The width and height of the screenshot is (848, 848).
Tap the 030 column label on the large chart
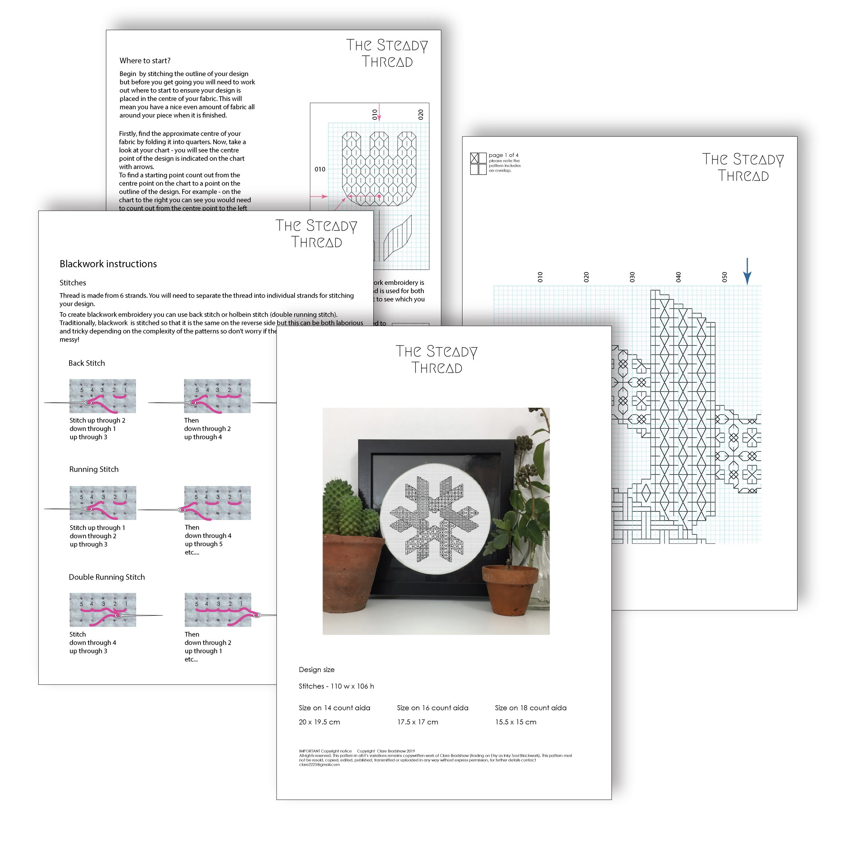(x=632, y=277)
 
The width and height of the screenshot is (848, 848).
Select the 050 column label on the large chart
(x=724, y=277)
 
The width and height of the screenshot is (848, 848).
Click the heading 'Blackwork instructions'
(x=108, y=264)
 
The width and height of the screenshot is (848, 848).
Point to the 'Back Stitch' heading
(x=86, y=363)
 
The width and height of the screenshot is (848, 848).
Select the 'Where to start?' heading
(x=145, y=60)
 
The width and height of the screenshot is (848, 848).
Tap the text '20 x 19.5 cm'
(x=319, y=722)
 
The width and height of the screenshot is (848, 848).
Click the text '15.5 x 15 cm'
(x=516, y=722)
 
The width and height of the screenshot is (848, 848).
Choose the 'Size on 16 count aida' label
(x=432, y=708)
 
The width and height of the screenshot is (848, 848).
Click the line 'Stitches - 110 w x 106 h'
(x=336, y=686)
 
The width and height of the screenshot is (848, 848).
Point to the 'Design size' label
(x=316, y=669)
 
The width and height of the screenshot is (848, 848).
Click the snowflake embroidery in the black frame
(x=435, y=518)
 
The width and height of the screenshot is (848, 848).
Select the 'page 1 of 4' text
(x=503, y=155)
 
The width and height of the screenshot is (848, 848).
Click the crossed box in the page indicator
(x=474, y=158)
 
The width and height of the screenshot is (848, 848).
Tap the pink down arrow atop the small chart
(x=379, y=112)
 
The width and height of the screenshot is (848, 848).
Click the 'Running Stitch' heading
(x=94, y=469)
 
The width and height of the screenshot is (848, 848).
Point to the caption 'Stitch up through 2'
(x=97, y=420)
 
